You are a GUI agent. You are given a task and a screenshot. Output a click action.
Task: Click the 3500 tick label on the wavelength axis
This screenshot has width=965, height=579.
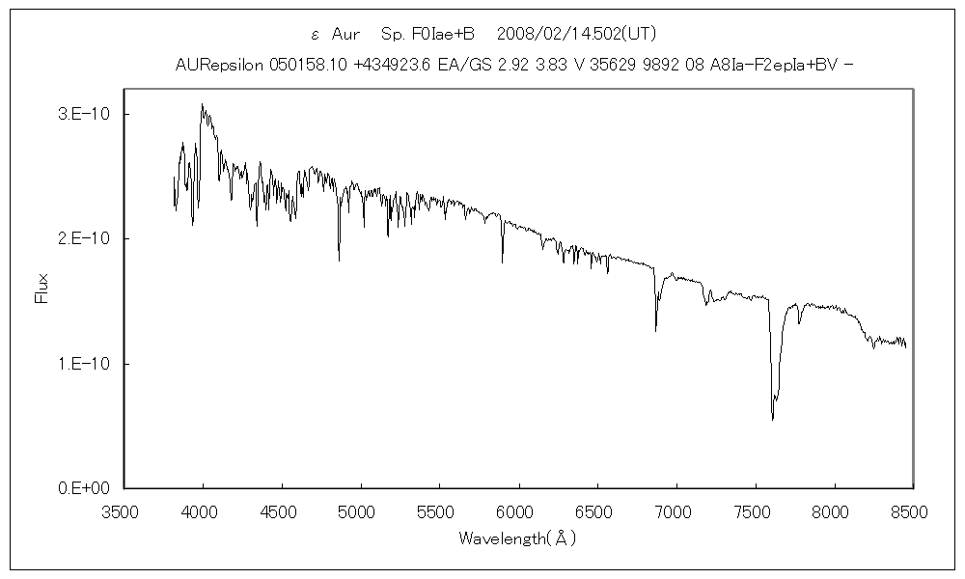(124, 512)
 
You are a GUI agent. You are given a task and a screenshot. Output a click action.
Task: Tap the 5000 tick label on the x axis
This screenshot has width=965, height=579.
(360, 512)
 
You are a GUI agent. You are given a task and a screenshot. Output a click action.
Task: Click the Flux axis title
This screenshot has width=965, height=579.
(41, 289)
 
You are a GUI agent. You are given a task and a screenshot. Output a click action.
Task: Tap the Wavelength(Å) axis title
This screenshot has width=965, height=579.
(518, 538)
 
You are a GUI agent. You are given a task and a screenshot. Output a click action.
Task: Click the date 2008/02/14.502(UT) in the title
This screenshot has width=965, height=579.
(576, 34)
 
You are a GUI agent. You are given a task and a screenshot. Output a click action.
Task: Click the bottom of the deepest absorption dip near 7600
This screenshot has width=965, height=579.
(772, 419)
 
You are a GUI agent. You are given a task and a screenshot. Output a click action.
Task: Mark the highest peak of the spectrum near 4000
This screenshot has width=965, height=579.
(202, 104)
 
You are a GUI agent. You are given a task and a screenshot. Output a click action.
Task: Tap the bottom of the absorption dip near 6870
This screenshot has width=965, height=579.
(656, 331)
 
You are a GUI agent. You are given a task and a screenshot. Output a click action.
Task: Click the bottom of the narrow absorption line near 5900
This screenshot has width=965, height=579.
(502, 262)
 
